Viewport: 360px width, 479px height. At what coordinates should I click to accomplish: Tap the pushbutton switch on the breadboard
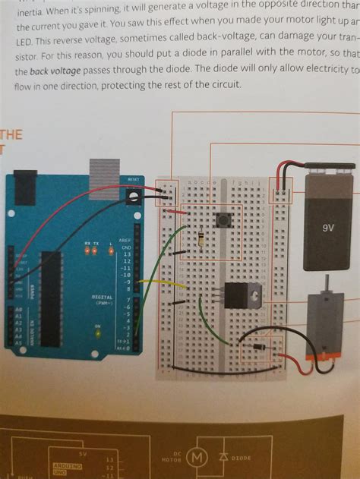(x=224, y=221)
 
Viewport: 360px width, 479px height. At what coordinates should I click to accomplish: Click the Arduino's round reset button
(x=134, y=200)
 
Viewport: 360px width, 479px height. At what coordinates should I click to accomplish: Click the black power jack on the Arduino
(x=24, y=185)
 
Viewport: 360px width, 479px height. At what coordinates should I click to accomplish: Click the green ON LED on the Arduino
(x=97, y=335)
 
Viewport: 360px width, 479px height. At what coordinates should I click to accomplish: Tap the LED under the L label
(x=111, y=251)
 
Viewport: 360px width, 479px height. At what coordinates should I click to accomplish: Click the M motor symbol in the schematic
(x=197, y=458)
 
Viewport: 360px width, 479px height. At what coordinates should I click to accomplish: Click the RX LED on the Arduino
(x=88, y=251)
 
